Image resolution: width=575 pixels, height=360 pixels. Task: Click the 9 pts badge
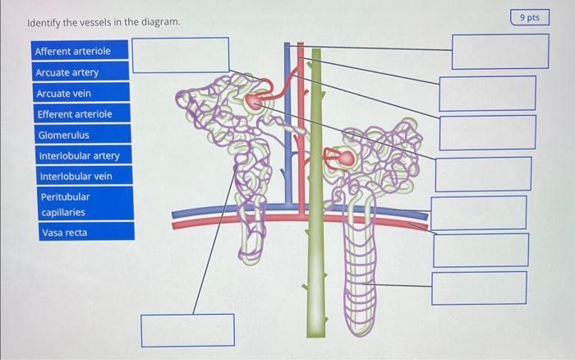(530, 17)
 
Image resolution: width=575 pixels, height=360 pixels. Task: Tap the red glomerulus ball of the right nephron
(346, 157)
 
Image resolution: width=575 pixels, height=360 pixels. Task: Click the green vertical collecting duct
(313, 247)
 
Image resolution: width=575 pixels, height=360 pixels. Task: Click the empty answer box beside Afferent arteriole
(181, 55)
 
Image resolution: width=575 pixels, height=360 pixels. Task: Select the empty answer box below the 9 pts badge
(499, 51)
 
